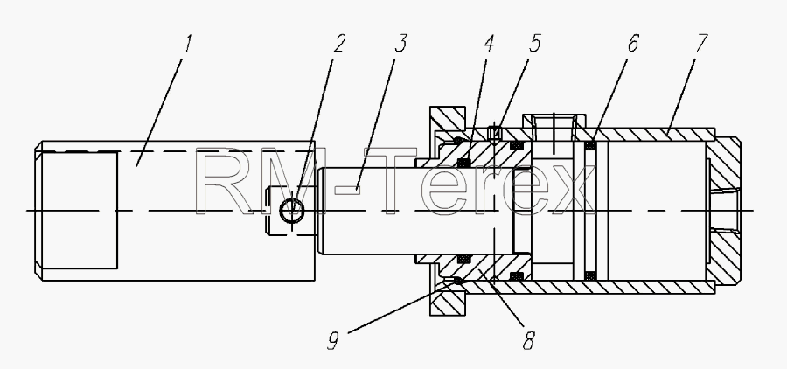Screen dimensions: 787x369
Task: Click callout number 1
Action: (188, 44)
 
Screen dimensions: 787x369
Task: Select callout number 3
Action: (400, 44)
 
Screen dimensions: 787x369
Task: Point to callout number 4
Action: (489, 44)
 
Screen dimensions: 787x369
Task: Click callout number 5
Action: (534, 44)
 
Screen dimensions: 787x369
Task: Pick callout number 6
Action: (632, 44)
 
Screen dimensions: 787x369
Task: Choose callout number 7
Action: (701, 44)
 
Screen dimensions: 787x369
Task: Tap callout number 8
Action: (528, 341)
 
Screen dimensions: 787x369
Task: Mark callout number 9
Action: (333, 341)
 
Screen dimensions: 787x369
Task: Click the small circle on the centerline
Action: (291, 211)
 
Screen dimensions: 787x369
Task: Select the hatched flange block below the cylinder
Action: (448, 303)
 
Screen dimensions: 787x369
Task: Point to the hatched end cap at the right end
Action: (725, 211)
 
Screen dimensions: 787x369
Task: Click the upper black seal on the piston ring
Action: (591, 146)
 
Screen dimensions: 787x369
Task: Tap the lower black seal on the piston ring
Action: (591, 275)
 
